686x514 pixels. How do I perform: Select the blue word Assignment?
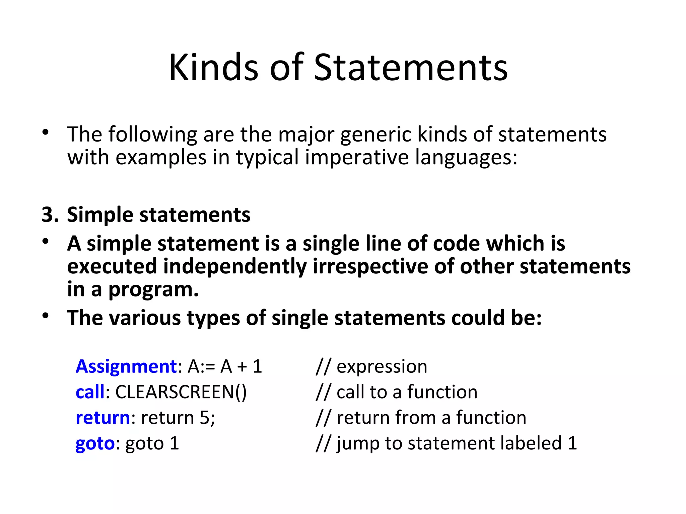coord(126,366)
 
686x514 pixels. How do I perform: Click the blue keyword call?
coord(90,392)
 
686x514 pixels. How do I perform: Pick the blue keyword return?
coord(102,418)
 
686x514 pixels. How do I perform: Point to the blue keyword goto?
coord(95,444)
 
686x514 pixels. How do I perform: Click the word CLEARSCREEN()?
coord(181,392)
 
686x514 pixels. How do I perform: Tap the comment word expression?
coord(382,367)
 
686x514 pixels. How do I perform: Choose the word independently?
coord(235,266)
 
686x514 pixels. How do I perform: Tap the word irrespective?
coord(370,266)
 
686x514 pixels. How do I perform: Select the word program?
coord(153,290)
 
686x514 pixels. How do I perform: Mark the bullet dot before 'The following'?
coord(46,133)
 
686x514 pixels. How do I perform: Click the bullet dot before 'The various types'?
coord(46,316)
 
